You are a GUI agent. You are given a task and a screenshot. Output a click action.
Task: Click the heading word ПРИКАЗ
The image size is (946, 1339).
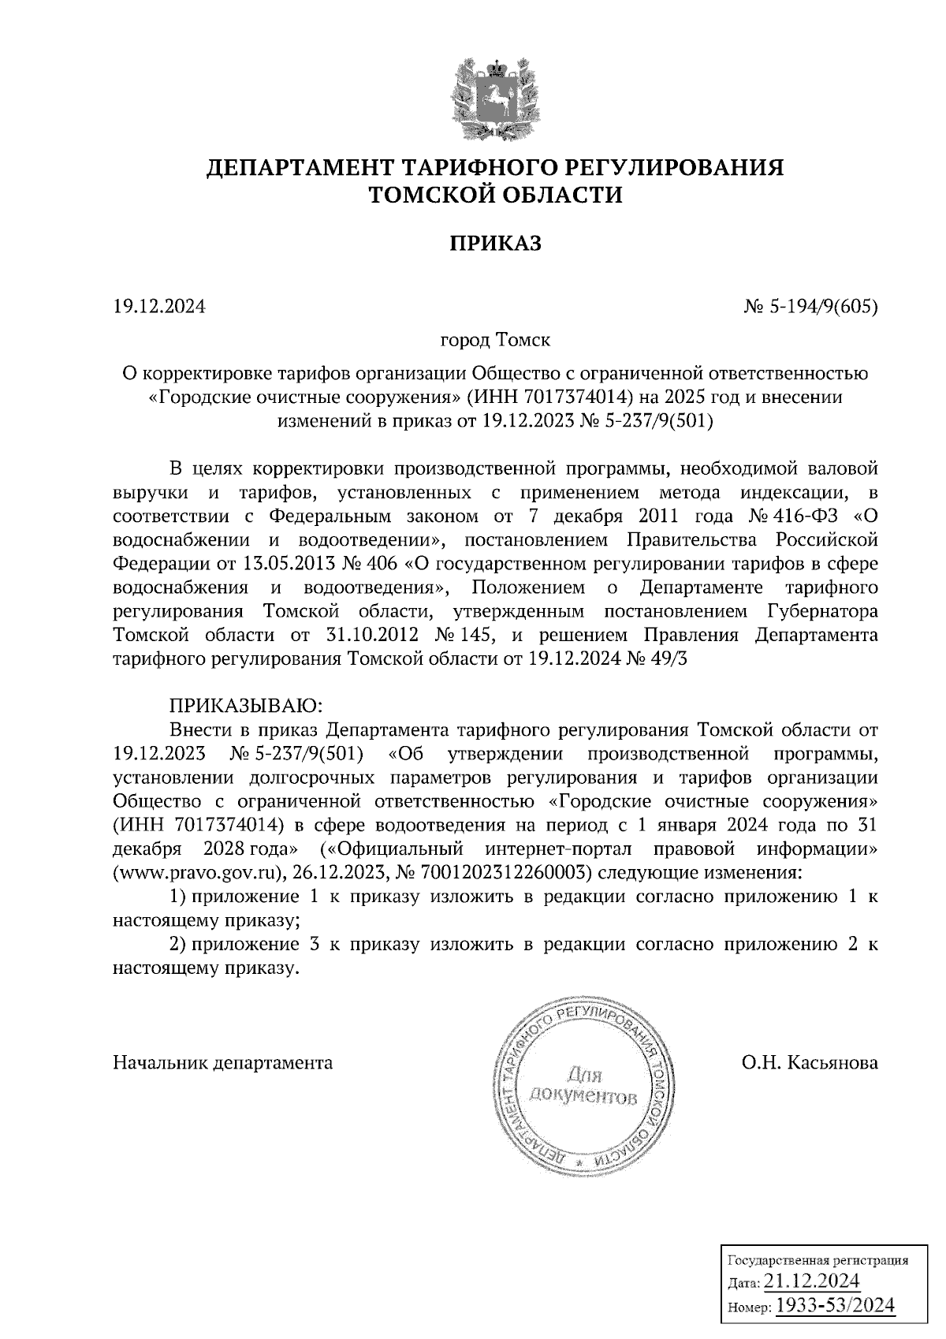(x=496, y=243)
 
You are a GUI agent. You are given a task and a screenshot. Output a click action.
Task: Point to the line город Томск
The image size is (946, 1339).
(x=495, y=340)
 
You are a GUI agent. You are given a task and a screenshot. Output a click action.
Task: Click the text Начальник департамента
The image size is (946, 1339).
(x=223, y=1062)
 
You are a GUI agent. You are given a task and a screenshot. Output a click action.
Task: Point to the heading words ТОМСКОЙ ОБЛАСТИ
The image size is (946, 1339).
(x=496, y=195)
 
